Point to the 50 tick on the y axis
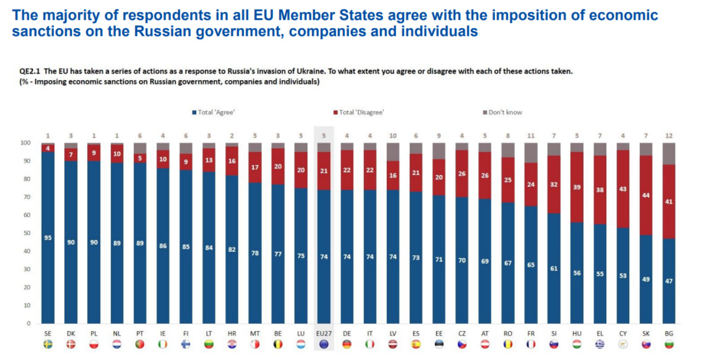tap(25, 233)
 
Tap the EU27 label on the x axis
tap(324, 333)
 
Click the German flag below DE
tap(347, 344)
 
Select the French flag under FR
tap(531, 344)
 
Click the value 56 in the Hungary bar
tap(577, 273)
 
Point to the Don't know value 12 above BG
tap(669, 135)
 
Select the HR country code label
tap(232, 333)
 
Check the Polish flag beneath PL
tap(94, 344)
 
